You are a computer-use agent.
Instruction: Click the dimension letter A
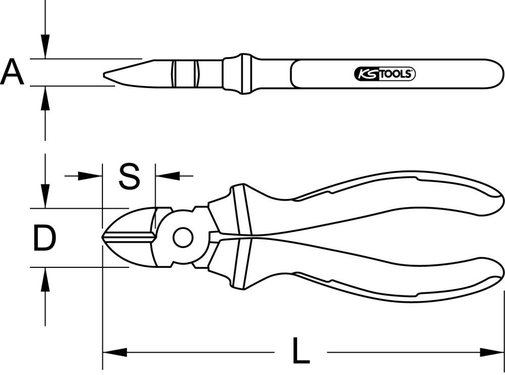pyautogui.click(x=12, y=72)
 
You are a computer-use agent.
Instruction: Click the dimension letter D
pyautogui.click(x=44, y=239)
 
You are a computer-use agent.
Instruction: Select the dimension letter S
pyautogui.click(x=129, y=176)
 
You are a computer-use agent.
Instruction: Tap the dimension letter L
pyautogui.click(x=301, y=351)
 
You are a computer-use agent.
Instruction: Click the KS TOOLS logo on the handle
pyautogui.click(x=384, y=75)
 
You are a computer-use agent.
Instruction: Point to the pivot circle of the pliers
pyautogui.click(x=182, y=237)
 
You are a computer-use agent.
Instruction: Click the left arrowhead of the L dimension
pyautogui.click(x=114, y=351)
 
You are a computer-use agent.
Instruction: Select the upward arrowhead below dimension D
pyautogui.click(x=45, y=279)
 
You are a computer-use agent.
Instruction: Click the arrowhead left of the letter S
pyautogui.click(x=91, y=176)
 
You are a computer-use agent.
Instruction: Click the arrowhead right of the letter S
pyautogui.click(x=168, y=176)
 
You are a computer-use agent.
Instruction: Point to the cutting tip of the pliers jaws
pyautogui.click(x=104, y=238)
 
